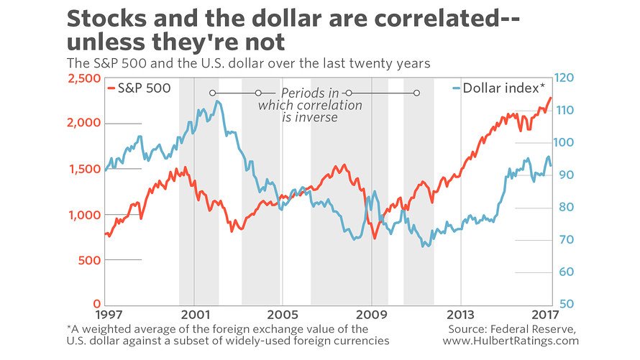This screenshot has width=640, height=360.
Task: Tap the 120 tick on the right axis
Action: click(567, 78)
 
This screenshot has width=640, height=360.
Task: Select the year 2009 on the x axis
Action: click(372, 315)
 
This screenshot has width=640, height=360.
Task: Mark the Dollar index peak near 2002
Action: click(217, 101)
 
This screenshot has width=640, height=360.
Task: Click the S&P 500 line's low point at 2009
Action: click(374, 239)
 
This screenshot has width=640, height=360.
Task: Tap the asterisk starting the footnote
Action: click(67, 328)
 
